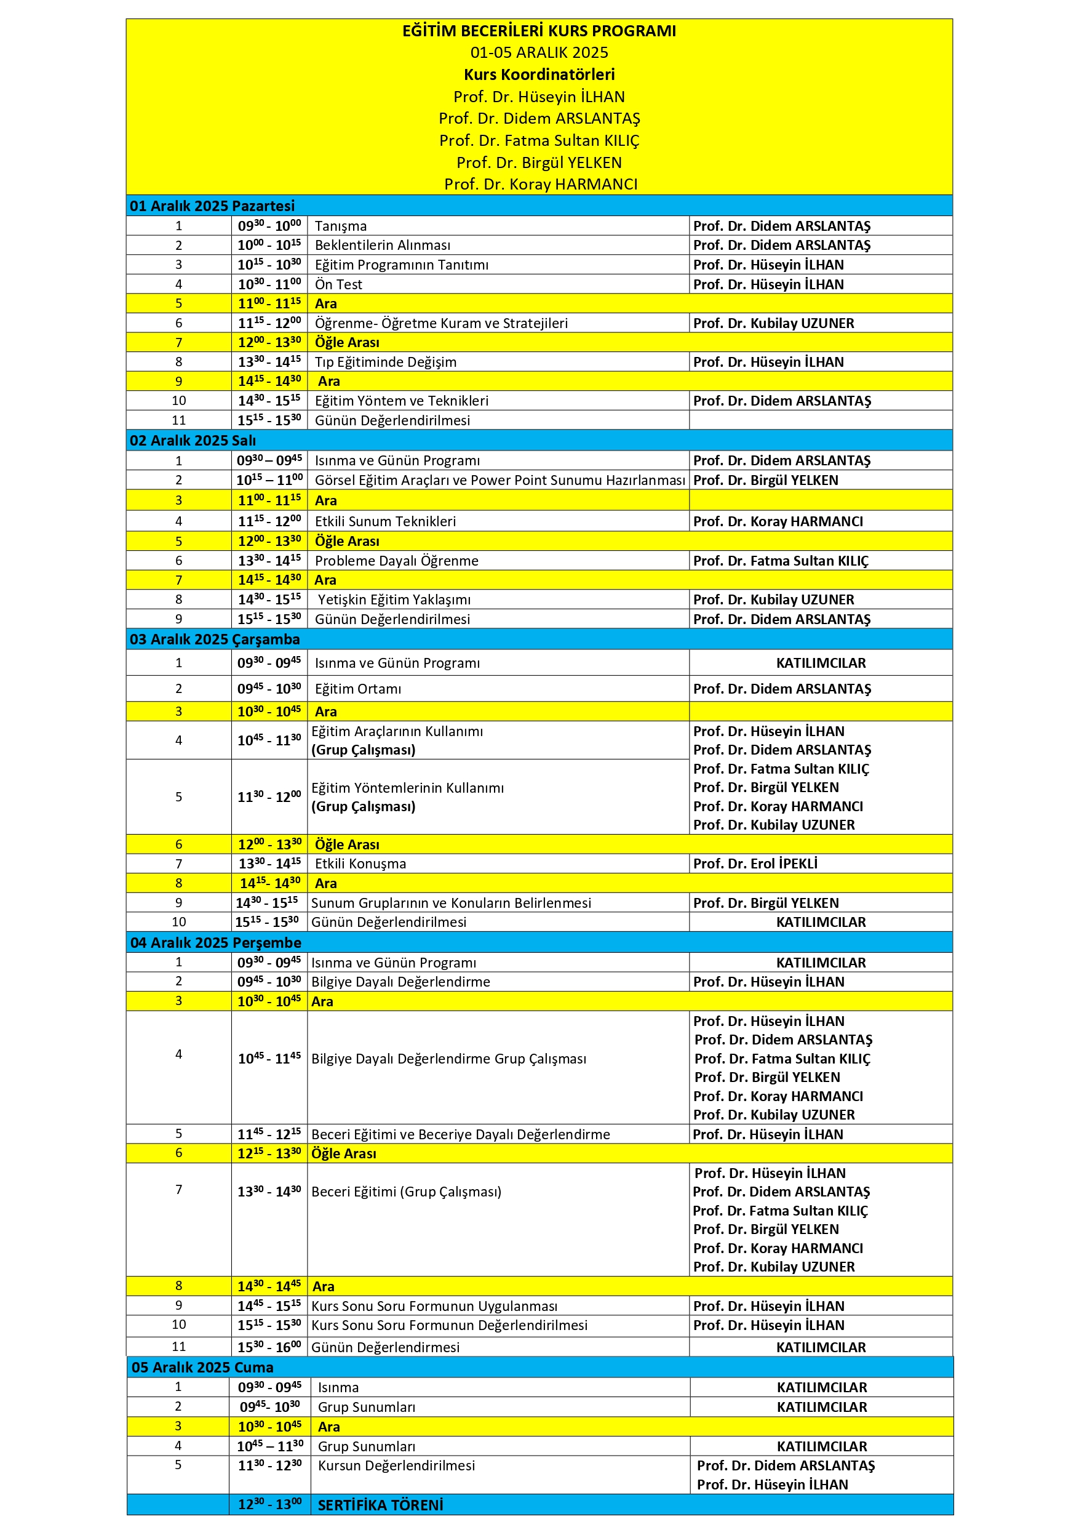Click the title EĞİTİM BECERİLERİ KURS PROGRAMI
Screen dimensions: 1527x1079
click(x=538, y=31)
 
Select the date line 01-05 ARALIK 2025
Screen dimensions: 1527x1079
click(x=538, y=52)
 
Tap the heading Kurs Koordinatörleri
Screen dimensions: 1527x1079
click(x=538, y=74)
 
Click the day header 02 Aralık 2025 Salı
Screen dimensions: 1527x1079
click(x=192, y=440)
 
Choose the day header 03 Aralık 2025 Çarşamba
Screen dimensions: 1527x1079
click(x=214, y=639)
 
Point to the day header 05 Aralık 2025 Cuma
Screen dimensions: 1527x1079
click(x=202, y=1368)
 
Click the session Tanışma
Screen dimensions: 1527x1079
click(x=340, y=226)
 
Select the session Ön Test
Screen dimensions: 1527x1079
click(x=338, y=284)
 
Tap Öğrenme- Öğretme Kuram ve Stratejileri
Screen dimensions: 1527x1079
click(x=441, y=323)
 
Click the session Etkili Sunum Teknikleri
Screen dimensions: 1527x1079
click(x=385, y=521)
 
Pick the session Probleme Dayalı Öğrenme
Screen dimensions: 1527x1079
click(x=396, y=561)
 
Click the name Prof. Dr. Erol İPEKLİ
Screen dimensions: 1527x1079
click(x=755, y=864)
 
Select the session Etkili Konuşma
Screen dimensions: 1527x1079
click(x=360, y=864)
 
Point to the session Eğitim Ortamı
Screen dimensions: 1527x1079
click(x=357, y=689)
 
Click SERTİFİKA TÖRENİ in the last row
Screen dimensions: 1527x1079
click(x=380, y=1505)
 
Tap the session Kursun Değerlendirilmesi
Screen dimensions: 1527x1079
click(x=396, y=1466)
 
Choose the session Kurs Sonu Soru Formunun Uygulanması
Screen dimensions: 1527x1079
click(x=434, y=1306)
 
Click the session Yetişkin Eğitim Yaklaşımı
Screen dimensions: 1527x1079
click(x=394, y=600)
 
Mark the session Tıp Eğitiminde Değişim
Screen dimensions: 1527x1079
click(x=386, y=363)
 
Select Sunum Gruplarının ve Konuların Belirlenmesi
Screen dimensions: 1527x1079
click(x=451, y=903)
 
